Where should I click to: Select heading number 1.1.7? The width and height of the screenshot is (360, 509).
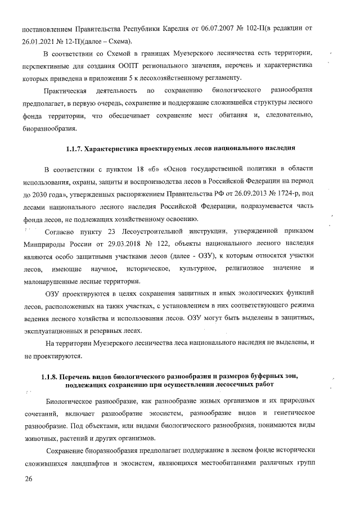pyautogui.click(x=74, y=148)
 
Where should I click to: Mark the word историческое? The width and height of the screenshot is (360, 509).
pyautogui.click(x=148, y=269)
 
